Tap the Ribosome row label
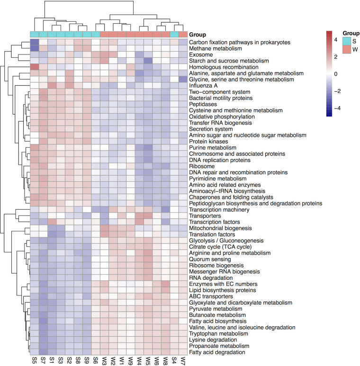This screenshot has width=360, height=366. (201, 166)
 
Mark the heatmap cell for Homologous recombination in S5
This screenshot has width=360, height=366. (35, 67)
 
